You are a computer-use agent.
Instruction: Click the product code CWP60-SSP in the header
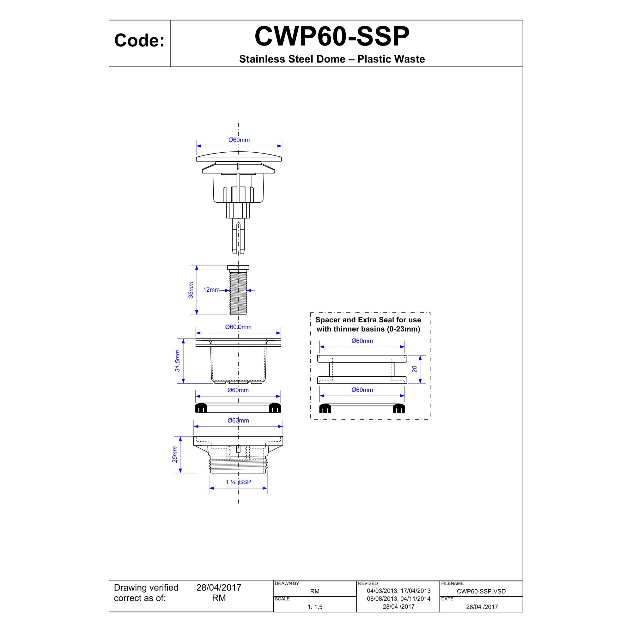pos(332,37)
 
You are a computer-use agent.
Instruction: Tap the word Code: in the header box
pos(139,41)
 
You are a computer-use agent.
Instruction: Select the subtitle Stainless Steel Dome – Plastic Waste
pos(332,59)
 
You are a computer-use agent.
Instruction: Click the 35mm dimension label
pos(191,290)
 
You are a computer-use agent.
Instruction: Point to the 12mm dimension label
pos(211,290)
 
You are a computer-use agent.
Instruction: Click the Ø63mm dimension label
pos(238,421)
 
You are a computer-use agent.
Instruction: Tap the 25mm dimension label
pos(175,455)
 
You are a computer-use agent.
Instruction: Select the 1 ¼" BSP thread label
pos(238,482)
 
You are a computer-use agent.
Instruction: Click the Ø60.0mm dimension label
pos(238,327)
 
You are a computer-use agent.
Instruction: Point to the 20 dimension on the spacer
pos(415,369)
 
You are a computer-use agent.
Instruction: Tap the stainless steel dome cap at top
pos(239,157)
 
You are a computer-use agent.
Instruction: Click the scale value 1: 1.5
pos(315,607)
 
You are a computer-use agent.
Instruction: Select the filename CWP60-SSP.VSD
pos(481,592)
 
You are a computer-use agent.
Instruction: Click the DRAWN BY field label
pos(287,584)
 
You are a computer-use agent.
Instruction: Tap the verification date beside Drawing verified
pos(219,588)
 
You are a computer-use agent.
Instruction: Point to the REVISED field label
pos(368,584)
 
